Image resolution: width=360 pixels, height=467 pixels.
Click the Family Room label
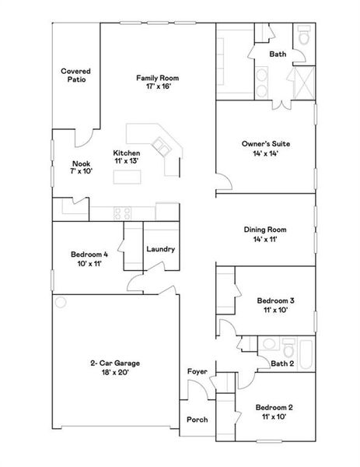click(x=158, y=78)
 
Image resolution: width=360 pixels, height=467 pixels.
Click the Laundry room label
click(x=160, y=249)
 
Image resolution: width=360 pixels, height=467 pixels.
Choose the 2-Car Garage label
click(x=114, y=363)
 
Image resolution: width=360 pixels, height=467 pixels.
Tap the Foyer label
click(x=197, y=372)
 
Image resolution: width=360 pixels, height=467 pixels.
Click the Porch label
click(x=197, y=420)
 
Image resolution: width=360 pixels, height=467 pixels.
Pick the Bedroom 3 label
click(x=274, y=300)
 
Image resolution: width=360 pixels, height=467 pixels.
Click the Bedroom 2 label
click(x=274, y=407)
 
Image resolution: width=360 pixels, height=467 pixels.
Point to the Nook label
click(x=81, y=163)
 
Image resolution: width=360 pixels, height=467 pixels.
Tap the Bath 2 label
click(x=281, y=363)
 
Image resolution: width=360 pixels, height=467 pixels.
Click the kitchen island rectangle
click(x=128, y=177)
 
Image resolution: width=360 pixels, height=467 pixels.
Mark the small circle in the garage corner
click(x=61, y=302)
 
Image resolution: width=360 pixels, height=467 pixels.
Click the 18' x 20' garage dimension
click(x=114, y=373)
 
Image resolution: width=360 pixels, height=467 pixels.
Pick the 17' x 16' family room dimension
click(x=158, y=87)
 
